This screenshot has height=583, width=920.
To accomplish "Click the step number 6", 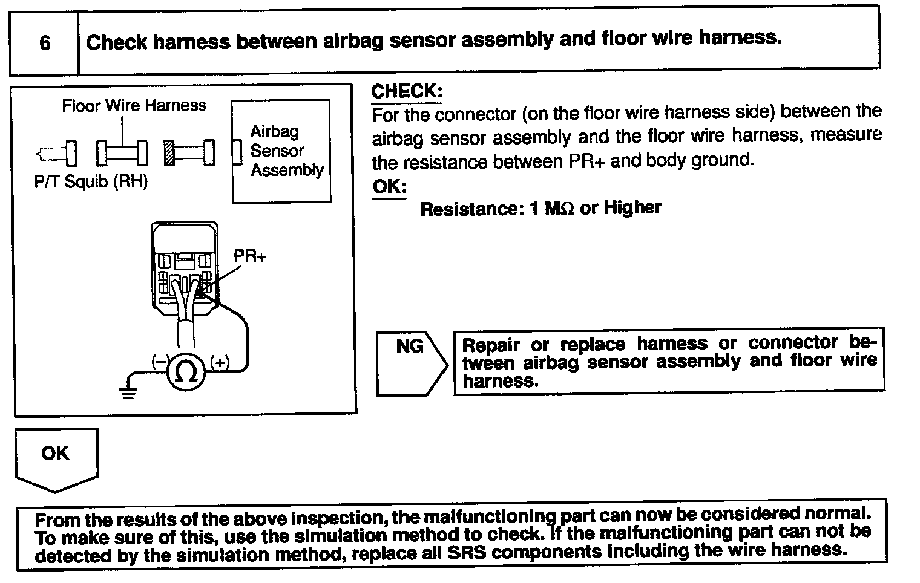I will point(45,44).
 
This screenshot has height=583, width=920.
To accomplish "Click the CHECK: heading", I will point(407,91).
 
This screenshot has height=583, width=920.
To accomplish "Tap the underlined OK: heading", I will point(389,186).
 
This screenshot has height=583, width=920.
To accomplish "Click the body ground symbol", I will point(128,392).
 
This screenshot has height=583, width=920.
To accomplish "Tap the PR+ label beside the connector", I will point(249,256).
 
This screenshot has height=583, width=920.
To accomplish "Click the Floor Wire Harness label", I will point(134,106).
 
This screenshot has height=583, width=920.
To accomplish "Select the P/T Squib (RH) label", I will point(91,182).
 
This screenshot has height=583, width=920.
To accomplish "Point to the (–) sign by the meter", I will point(159,362).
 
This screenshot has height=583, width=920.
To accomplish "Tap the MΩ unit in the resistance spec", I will point(559,209).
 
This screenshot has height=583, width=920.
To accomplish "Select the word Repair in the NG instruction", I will point(491,345).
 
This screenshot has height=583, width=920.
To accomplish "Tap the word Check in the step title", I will point(117,42).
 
